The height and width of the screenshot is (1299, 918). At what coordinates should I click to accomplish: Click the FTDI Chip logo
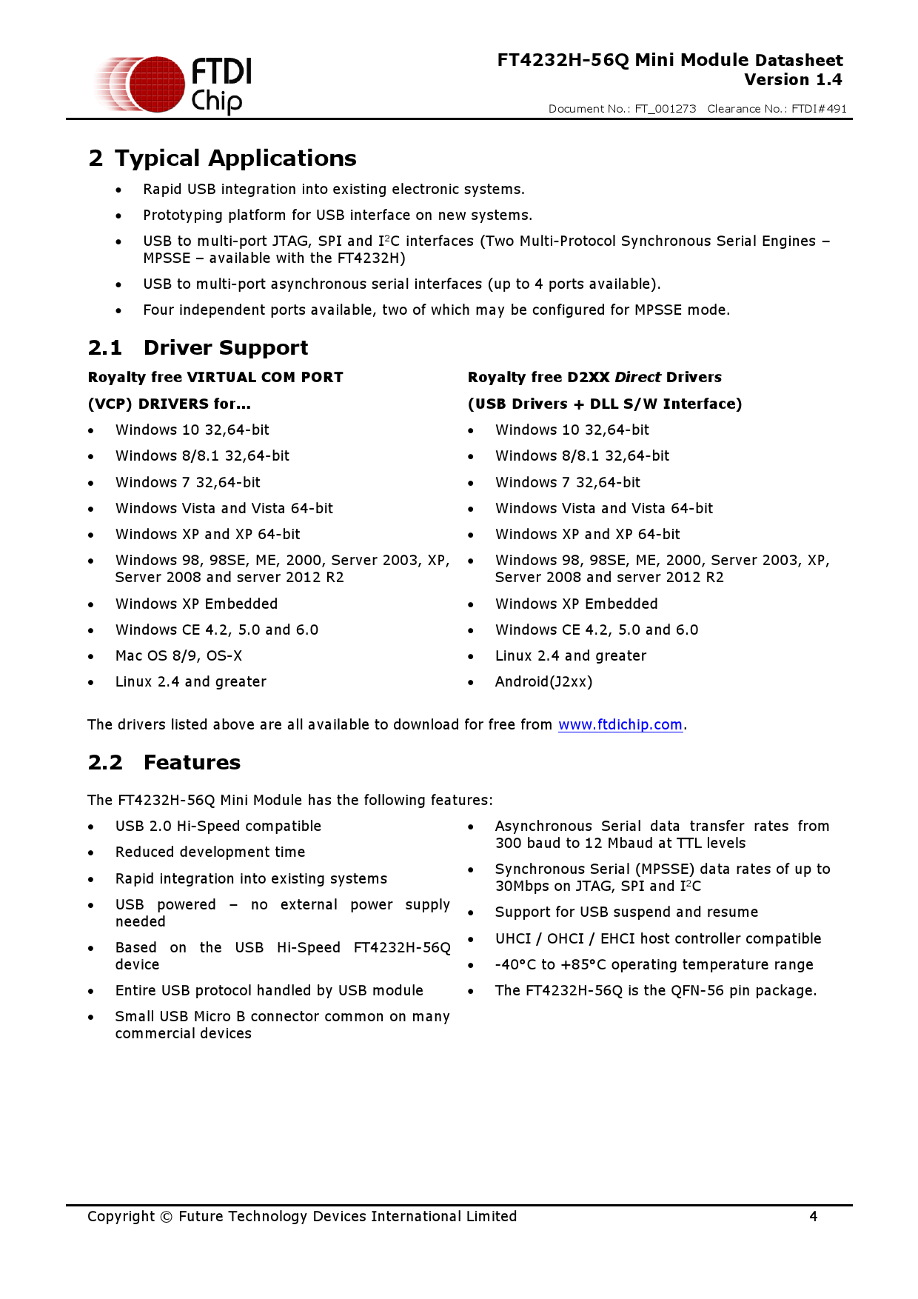175,84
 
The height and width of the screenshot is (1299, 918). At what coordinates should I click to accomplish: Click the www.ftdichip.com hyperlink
620,725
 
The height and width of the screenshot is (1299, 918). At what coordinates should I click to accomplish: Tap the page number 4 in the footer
813,1216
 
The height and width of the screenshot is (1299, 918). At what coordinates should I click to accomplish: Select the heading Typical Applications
235,158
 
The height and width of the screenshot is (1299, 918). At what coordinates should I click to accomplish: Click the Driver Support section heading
225,348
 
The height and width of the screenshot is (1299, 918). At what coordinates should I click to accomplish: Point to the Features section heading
192,763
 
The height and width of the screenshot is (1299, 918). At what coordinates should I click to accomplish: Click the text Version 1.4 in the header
793,80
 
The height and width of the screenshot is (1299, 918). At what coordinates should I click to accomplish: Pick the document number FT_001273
665,109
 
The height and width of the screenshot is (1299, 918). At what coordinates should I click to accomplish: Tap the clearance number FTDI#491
819,109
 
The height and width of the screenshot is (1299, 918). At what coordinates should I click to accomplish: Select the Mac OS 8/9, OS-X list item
178,656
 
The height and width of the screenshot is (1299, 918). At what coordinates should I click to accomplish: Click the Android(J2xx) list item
543,682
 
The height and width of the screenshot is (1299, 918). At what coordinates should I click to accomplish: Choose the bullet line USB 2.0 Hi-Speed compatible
218,827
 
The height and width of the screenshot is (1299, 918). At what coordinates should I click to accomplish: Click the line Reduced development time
210,852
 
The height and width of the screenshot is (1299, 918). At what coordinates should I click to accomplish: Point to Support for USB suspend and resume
626,912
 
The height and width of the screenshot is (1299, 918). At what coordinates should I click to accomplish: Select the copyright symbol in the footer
167,1217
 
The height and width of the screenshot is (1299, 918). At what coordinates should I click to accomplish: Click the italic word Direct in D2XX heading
637,378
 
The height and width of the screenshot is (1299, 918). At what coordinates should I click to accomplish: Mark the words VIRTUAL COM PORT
265,378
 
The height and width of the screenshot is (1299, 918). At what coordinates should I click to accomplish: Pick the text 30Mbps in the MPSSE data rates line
523,886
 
